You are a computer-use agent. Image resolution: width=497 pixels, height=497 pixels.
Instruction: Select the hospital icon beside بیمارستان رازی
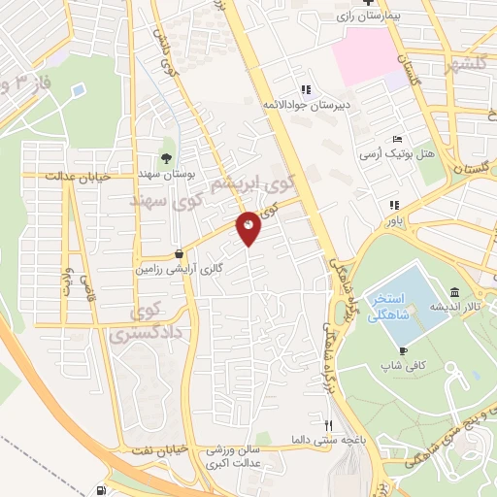click(x=393, y=2)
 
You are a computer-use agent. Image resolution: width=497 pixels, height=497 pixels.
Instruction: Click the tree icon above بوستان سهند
click(x=166, y=158)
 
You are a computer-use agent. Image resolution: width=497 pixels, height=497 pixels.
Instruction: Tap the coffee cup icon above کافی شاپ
click(x=403, y=350)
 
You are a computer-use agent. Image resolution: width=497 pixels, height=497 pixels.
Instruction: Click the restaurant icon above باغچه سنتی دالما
click(x=329, y=425)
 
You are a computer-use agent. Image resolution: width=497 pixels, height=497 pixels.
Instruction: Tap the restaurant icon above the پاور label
click(x=395, y=205)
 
